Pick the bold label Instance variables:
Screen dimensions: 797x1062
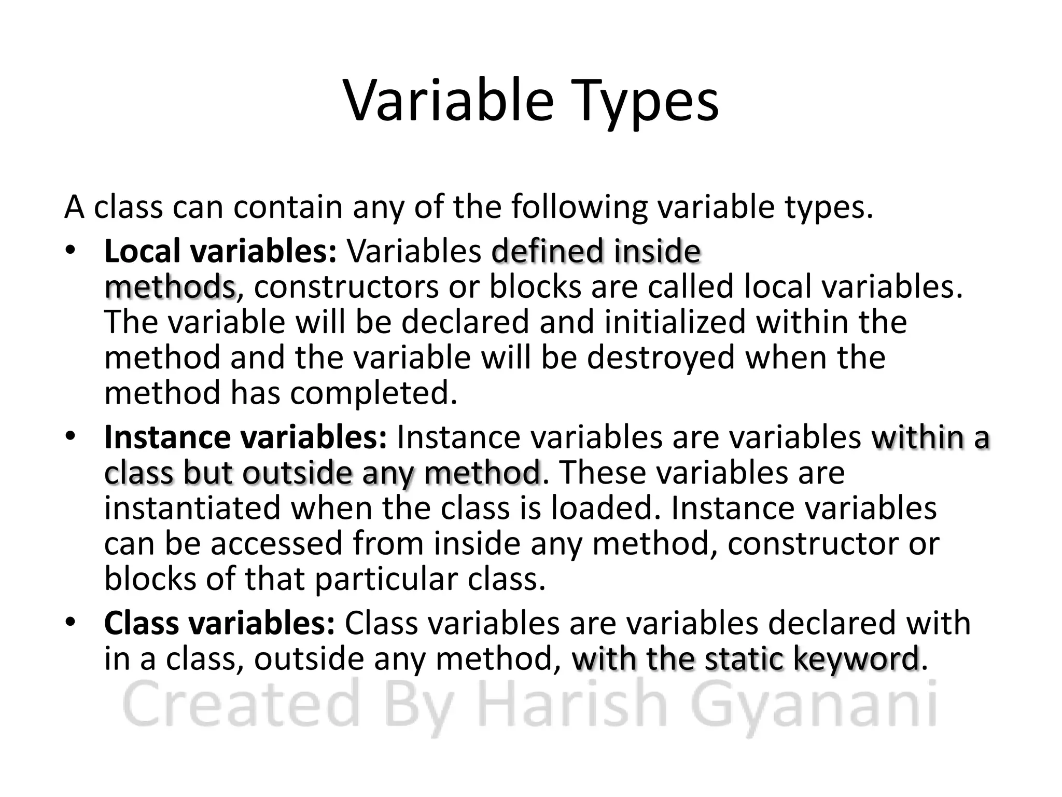245,437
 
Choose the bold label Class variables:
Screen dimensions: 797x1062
220,623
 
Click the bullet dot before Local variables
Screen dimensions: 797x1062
71,252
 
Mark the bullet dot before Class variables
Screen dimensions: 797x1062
71,622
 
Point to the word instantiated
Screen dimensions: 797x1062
192,509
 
